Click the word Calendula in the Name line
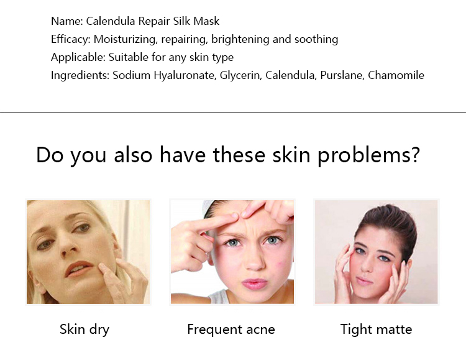point(111,21)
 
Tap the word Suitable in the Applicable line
point(129,57)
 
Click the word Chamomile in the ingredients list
point(396,75)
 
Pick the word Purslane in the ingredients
point(342,75)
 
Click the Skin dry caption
point(85,330)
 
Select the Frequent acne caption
point(231,330)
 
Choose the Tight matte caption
point(376,330)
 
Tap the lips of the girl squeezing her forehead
point(254,284)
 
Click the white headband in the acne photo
point(212,207)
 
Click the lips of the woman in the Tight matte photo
point(363,280)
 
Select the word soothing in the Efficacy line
point(316,39)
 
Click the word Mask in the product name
point(206,21)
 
